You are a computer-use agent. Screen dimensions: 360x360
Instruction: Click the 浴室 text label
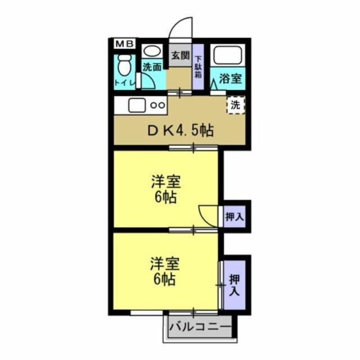coord(230,79)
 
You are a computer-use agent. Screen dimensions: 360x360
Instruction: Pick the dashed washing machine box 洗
coord(235,106)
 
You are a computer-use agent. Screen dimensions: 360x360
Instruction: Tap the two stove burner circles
coord(157,106)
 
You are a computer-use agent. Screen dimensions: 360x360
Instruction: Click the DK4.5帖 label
coord(181,131)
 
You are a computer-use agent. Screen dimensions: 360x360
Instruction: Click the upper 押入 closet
coord(234,216)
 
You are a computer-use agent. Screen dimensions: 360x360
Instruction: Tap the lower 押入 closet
coord(234,284)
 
